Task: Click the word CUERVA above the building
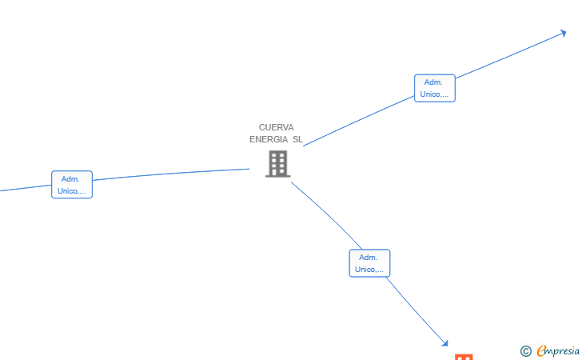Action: pyautogui.click(x=276, y=127)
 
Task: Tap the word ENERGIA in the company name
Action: pyautogui.click(x=269, y=139)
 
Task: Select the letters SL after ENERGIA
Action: pyautogui.click(x=297, y=139)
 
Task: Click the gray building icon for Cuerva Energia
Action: pyautogui.click(x=277, y=163)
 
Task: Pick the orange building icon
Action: pyautogui.click(x=464, y=357)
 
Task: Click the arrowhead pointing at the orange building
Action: pyautogui.click(x=445, y=344)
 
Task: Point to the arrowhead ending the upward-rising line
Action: pyautogui.click(x=564, y=34)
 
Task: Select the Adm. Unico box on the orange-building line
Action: pyautogui.click(x=369, y=263)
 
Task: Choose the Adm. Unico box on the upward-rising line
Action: pyautogui.click(x=434, y=88)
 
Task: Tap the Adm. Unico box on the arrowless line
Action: pyautogui.click(x=72, y=185)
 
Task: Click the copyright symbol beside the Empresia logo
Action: pyautogui.click(x=525, y=351)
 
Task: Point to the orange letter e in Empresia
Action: pyautogui.click(x=541, y=350)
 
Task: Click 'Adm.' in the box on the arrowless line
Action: pyautogui.click(x=70, y=179)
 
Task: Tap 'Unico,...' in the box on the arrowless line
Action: pyautogui.click(x=72, y=191)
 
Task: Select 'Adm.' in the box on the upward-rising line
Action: pyautogui.click(x=433, y=82)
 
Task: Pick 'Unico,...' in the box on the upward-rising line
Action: pyautogui.click(x=434, y=94)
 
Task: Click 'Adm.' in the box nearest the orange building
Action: pyautogui.click(x=368, y=258)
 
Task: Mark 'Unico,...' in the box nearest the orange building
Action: pyautogui.click(x=369, y=270)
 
